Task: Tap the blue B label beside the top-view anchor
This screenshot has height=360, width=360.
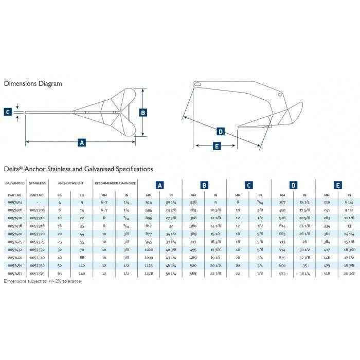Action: pos(143,112)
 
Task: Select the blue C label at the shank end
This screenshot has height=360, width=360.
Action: pos(7,112)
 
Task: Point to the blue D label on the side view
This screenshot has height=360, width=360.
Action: pos(221,132)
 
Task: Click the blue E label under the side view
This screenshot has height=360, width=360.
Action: pos(217,147)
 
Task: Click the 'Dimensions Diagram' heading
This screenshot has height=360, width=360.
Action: pos(33,83)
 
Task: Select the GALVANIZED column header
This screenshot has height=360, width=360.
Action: pos(15,183)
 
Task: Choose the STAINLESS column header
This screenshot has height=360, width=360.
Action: pos(38,183)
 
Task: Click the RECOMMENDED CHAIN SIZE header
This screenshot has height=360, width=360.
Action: pos(115,183)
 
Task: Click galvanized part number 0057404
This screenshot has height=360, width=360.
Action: pos(14,203)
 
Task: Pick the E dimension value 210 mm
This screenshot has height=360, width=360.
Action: pos(326,203)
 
